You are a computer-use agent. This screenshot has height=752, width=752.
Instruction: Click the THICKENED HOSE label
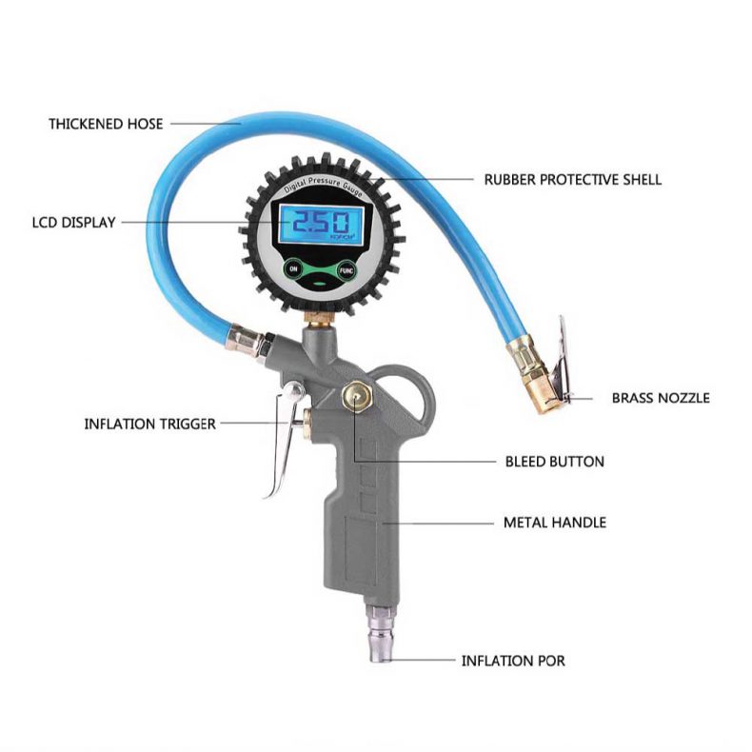(x=106, y=124)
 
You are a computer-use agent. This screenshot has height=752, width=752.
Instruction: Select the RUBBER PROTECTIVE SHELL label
(x=572, y=179)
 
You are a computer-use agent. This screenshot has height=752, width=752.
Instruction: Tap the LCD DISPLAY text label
(x=72, y=223)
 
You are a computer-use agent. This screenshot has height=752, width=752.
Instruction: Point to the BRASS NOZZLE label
(x=660, y=398)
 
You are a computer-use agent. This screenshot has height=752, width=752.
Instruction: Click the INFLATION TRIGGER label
(x=149, y=423)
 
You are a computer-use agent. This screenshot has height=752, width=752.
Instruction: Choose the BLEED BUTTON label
(x=554, y=462)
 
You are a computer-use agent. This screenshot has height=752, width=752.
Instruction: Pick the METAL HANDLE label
(x=554, y=523)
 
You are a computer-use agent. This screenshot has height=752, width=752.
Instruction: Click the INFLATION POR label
(x=513, y=660)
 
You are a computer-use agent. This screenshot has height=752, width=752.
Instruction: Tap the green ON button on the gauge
(x=293, y=269)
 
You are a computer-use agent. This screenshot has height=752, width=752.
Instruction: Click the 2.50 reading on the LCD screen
(x=314, y=224)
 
